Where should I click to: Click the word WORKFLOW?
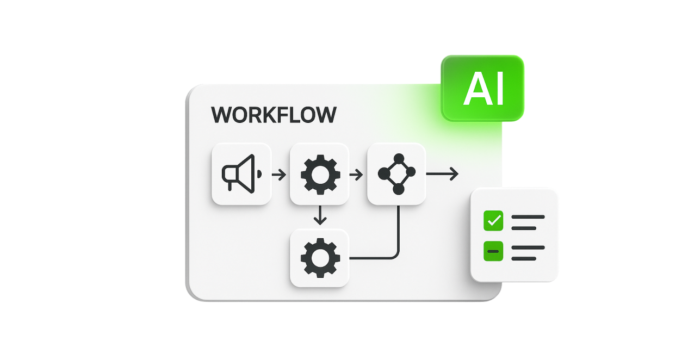click(274, 115)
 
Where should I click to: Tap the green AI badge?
click(483, 88)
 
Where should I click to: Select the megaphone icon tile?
click(241, 174)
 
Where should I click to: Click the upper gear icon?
click(320, 174)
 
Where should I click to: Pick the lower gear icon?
click(320, 258)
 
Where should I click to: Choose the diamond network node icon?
click(397, 174)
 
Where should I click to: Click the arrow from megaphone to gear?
click(279, 175)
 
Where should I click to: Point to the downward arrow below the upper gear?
click(320, 215)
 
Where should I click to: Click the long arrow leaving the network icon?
click(443, 174)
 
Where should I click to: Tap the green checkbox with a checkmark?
click(493, 221)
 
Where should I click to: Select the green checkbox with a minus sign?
click(493, 251)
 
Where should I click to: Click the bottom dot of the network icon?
click(399, 189)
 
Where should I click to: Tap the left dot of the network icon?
click(383, 173)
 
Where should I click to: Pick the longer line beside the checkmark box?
click(528, 217)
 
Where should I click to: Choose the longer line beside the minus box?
click(528, 247)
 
